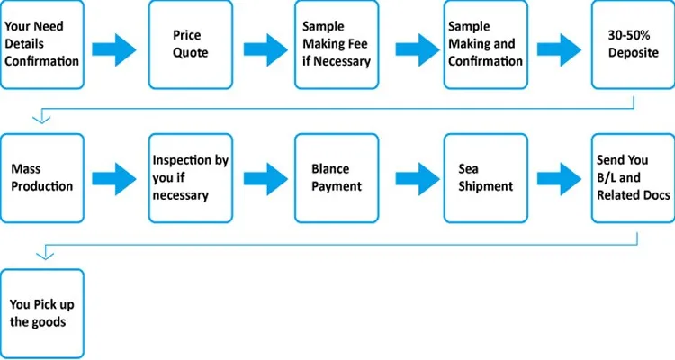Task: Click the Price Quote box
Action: click(191, 45)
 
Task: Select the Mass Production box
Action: click(42, 178)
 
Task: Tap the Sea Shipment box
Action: click(486, 178)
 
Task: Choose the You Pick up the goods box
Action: click(42, 313)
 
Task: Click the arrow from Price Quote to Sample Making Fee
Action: click(265, 50)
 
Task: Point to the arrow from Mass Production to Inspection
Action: click(113, 179)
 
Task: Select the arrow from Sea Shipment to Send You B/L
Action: click(559, 179)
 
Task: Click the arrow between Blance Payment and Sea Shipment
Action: click(418, 179)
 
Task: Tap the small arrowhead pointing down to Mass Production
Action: click(41, 120)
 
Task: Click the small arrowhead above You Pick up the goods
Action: click(45, 256)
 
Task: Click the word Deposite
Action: click(634, 53)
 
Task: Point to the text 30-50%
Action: click(629, 35)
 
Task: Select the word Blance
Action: click(330, 169)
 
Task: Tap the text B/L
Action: click(606, 177)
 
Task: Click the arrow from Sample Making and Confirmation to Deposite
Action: click(559, 50)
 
